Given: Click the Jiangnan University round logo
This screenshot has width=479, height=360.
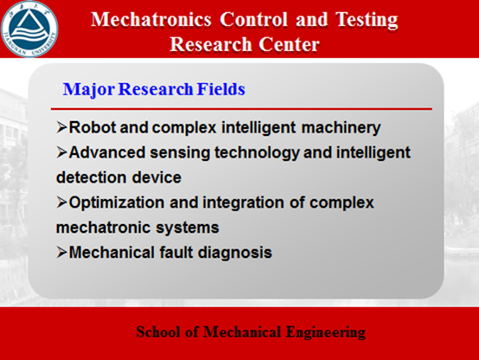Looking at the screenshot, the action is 29,29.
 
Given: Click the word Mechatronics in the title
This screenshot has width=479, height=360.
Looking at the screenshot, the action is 151,20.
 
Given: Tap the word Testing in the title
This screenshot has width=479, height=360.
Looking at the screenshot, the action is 367,21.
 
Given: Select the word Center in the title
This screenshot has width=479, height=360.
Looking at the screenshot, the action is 289,44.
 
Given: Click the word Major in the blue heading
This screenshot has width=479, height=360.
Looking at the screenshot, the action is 89,90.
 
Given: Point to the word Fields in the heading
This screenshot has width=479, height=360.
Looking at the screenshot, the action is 220,89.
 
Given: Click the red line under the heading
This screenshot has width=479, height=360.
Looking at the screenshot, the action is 241,108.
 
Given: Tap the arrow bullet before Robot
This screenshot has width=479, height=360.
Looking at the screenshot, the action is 61,127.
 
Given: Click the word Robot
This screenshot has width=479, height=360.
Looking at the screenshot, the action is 93,127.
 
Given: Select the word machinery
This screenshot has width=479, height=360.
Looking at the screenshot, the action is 341,128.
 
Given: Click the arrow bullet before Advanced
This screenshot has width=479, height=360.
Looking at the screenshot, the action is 61,152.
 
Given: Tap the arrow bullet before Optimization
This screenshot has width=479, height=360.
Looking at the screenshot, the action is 61,202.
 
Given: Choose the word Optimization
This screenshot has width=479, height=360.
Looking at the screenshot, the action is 117,203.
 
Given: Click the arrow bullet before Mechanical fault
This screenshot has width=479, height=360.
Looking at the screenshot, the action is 61,253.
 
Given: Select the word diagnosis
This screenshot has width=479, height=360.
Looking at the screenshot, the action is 235,254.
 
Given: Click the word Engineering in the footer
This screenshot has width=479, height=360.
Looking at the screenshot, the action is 326,332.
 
